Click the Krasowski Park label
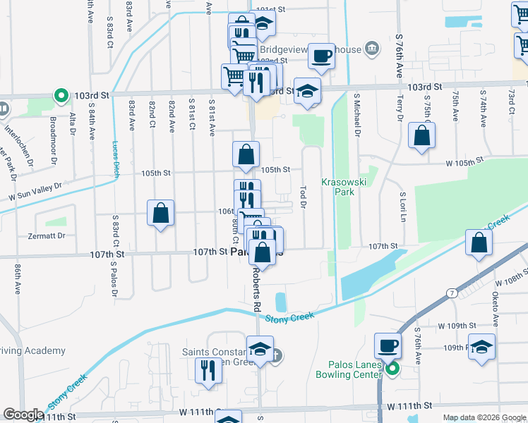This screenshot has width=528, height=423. point(337,186)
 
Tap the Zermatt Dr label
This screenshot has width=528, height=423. point(46,236)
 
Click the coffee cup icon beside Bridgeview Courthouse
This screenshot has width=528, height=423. point(321,56)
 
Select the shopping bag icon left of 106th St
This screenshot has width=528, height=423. point(161,212)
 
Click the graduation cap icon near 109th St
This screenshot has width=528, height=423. point(481,348)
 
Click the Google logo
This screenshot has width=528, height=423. point(23,415)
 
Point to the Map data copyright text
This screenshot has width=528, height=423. point(484,418)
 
